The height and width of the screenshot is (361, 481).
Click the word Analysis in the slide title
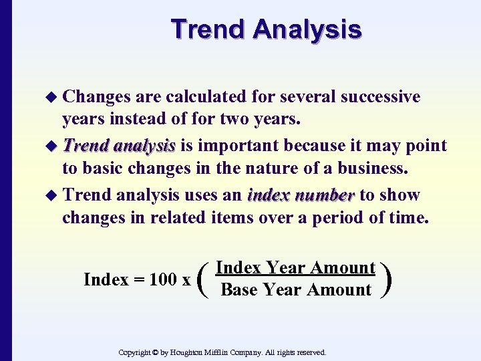[308, 29]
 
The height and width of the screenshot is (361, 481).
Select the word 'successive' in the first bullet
[380, 97]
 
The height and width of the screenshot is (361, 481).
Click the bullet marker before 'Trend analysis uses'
[54, 196]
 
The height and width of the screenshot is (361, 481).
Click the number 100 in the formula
[162, 279]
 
